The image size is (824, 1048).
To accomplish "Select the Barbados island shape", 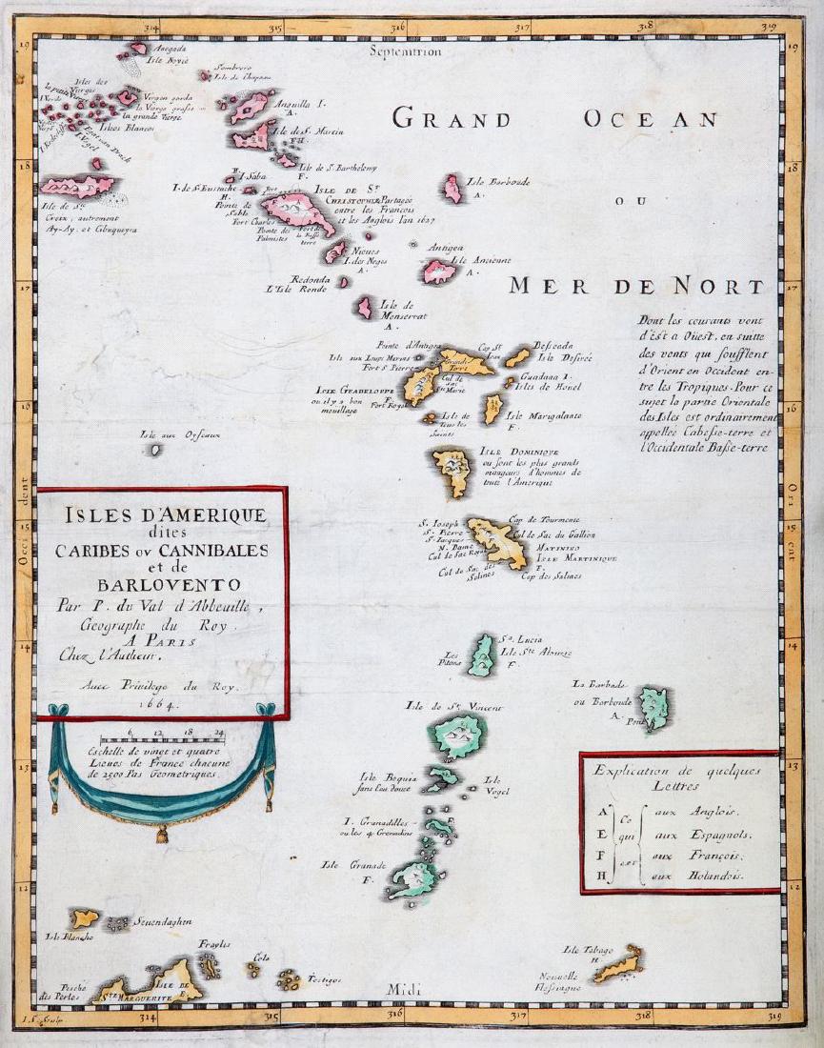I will pos(653,708).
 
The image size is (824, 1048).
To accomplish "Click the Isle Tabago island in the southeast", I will pos(618,963).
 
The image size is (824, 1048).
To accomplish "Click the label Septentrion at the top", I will pos(409,52).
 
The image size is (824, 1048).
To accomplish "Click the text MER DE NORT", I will pos(635,286).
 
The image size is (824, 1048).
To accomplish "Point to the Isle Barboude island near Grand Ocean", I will pos(452,189).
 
